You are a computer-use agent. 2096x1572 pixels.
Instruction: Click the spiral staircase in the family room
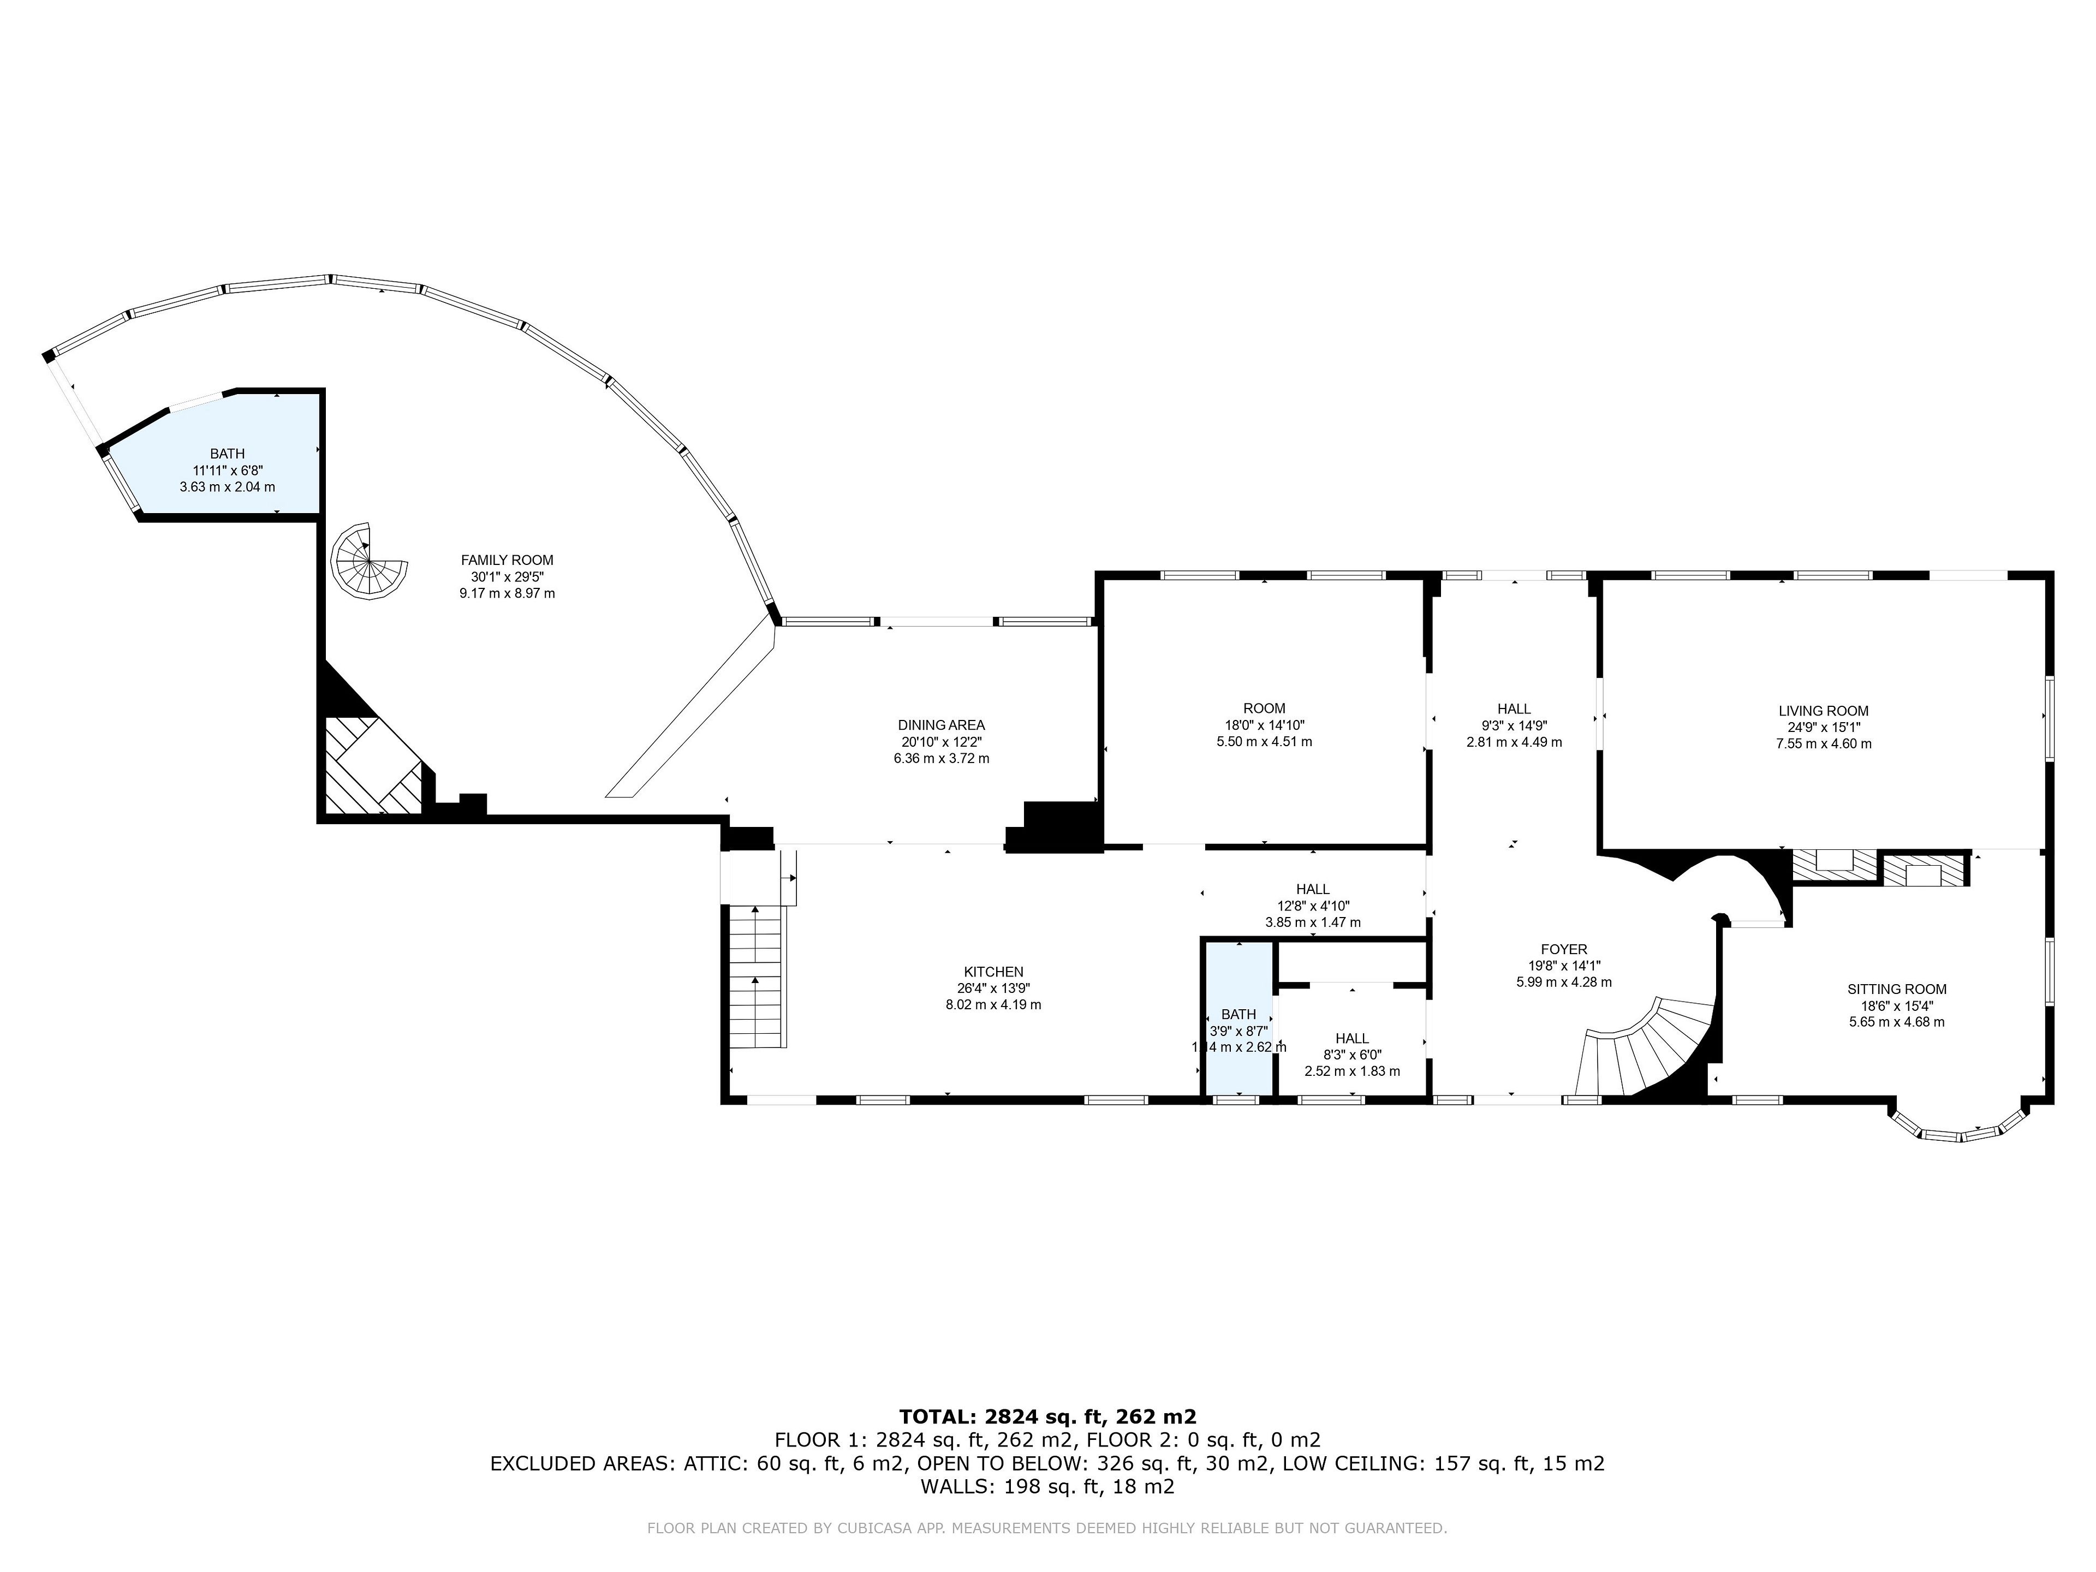click(x=368, y=562)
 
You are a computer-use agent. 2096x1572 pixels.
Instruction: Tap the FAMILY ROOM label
click(x=507, y=560)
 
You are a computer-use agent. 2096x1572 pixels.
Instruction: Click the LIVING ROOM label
click(x=1823, y=711)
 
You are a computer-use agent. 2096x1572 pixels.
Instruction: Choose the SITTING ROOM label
click(x=1897, y=989)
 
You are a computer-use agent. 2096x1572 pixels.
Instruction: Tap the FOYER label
click(x=1563, y=949)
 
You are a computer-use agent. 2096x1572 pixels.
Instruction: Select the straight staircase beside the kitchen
click(x=757, y=976)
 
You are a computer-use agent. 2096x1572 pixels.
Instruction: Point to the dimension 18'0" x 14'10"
click(x=1264, y=725)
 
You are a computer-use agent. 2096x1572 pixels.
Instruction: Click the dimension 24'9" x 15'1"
click(x=1823, y=728)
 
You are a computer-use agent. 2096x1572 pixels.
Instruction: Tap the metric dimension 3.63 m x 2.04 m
click(x=228, y=487)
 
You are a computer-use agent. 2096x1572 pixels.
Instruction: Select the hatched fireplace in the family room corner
click(x=373, y=765)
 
